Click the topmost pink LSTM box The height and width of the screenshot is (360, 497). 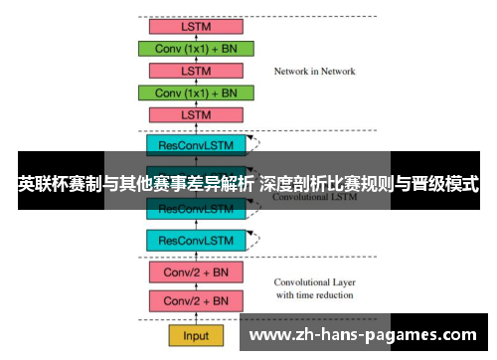(197, 27)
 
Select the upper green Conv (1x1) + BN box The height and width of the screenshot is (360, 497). (197, 49)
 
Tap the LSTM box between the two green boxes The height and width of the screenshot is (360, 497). (197, 71)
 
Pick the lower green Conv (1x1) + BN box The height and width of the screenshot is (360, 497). (197, 92)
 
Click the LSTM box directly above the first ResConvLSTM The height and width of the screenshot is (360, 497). (197, 114)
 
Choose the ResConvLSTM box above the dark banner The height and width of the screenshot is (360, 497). (197, 144)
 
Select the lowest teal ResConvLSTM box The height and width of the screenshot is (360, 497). (197, 240)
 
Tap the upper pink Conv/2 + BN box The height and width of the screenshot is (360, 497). (197, 270)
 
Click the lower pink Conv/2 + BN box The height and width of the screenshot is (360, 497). (197, 300)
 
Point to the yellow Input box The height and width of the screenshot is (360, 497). (197, 335)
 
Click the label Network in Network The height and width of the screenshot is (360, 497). (314, 72)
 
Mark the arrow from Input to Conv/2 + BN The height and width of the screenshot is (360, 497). (197, 318)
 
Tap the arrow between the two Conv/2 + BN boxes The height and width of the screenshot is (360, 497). (197, 285)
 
